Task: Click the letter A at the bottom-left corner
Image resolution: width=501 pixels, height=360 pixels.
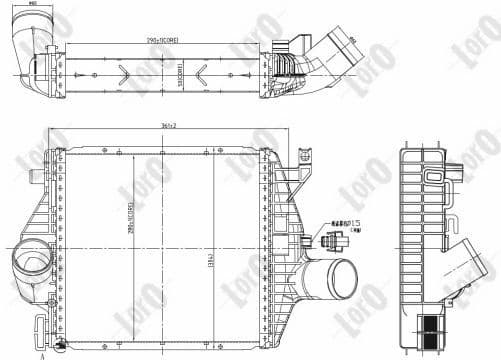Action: [42, 355]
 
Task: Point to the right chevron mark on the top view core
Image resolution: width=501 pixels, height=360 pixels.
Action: [203, 72]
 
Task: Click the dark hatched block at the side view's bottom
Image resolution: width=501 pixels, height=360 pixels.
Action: [433, 332]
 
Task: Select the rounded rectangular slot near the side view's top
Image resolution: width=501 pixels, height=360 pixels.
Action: [434, 176]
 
